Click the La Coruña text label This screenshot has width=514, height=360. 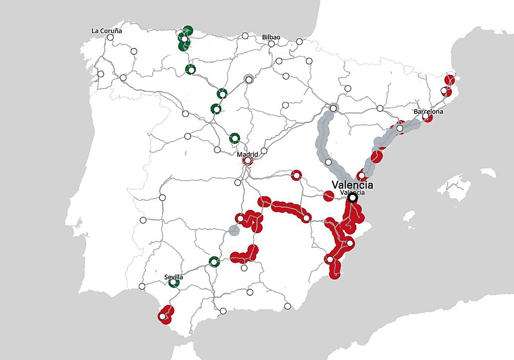point(107,31)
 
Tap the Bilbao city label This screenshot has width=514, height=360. point(271,37)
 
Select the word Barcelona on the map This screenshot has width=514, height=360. point(428,111)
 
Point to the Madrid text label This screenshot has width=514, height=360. point(248,154)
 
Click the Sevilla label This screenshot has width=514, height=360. point(173,277)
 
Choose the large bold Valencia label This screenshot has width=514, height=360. point(352,185)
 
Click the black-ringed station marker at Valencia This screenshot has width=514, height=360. point(353,198)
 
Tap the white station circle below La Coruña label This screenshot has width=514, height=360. point(111,37)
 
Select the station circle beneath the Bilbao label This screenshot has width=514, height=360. point(271,44)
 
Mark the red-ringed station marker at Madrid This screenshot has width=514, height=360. point(248,161)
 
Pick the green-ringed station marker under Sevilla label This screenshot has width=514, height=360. point(173,283)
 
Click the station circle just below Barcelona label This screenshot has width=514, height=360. point(425,117)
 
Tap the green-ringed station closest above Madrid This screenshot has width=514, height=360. point(234,138)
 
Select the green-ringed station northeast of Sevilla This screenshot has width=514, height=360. point(214,261)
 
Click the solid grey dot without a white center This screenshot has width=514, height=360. point(233,231)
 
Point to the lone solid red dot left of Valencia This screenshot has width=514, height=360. point(329,196)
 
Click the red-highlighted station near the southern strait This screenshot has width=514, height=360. point(162,316)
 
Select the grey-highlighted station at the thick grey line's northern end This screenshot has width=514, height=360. point(333,108)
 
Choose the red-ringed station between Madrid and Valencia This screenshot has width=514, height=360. point(296,175)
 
